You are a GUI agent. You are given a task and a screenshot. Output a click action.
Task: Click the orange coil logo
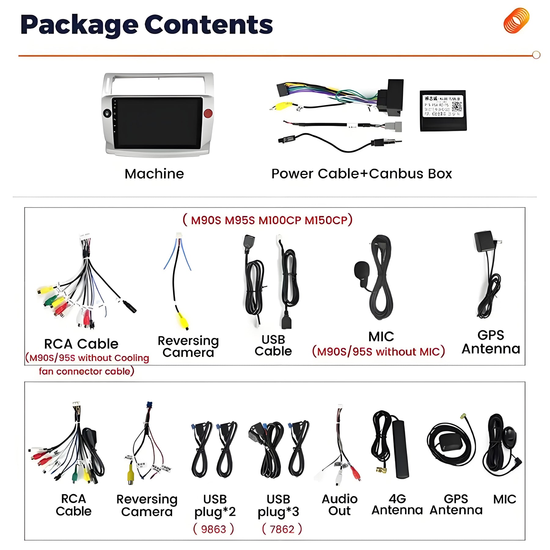tap(516, 20)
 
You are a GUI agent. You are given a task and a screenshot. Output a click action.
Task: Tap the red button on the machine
tap(208, 113)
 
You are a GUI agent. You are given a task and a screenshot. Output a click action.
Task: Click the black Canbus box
tap(443, 111)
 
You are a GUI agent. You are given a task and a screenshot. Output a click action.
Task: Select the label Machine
tap(154, 174)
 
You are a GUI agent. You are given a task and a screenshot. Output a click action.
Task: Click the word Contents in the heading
tap(208, 25)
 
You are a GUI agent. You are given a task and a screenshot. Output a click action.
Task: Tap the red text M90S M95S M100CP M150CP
tap(268, 220)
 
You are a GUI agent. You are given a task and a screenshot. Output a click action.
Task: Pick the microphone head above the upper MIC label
tap(361, 270)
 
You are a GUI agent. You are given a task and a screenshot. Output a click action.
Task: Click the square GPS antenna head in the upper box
tap(483, 241)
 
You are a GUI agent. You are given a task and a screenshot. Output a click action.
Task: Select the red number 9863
tap(214, 529)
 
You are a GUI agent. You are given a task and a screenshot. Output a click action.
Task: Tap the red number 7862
tap(282, 529)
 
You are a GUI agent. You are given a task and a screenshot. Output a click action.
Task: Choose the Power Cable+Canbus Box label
tap(361, 174)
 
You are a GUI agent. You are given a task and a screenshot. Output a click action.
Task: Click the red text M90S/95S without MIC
tap(378, 352)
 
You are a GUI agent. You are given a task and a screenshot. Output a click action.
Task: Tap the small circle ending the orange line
tap(536, 55)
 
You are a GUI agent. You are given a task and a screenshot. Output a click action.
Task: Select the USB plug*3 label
tap(278, 505)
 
